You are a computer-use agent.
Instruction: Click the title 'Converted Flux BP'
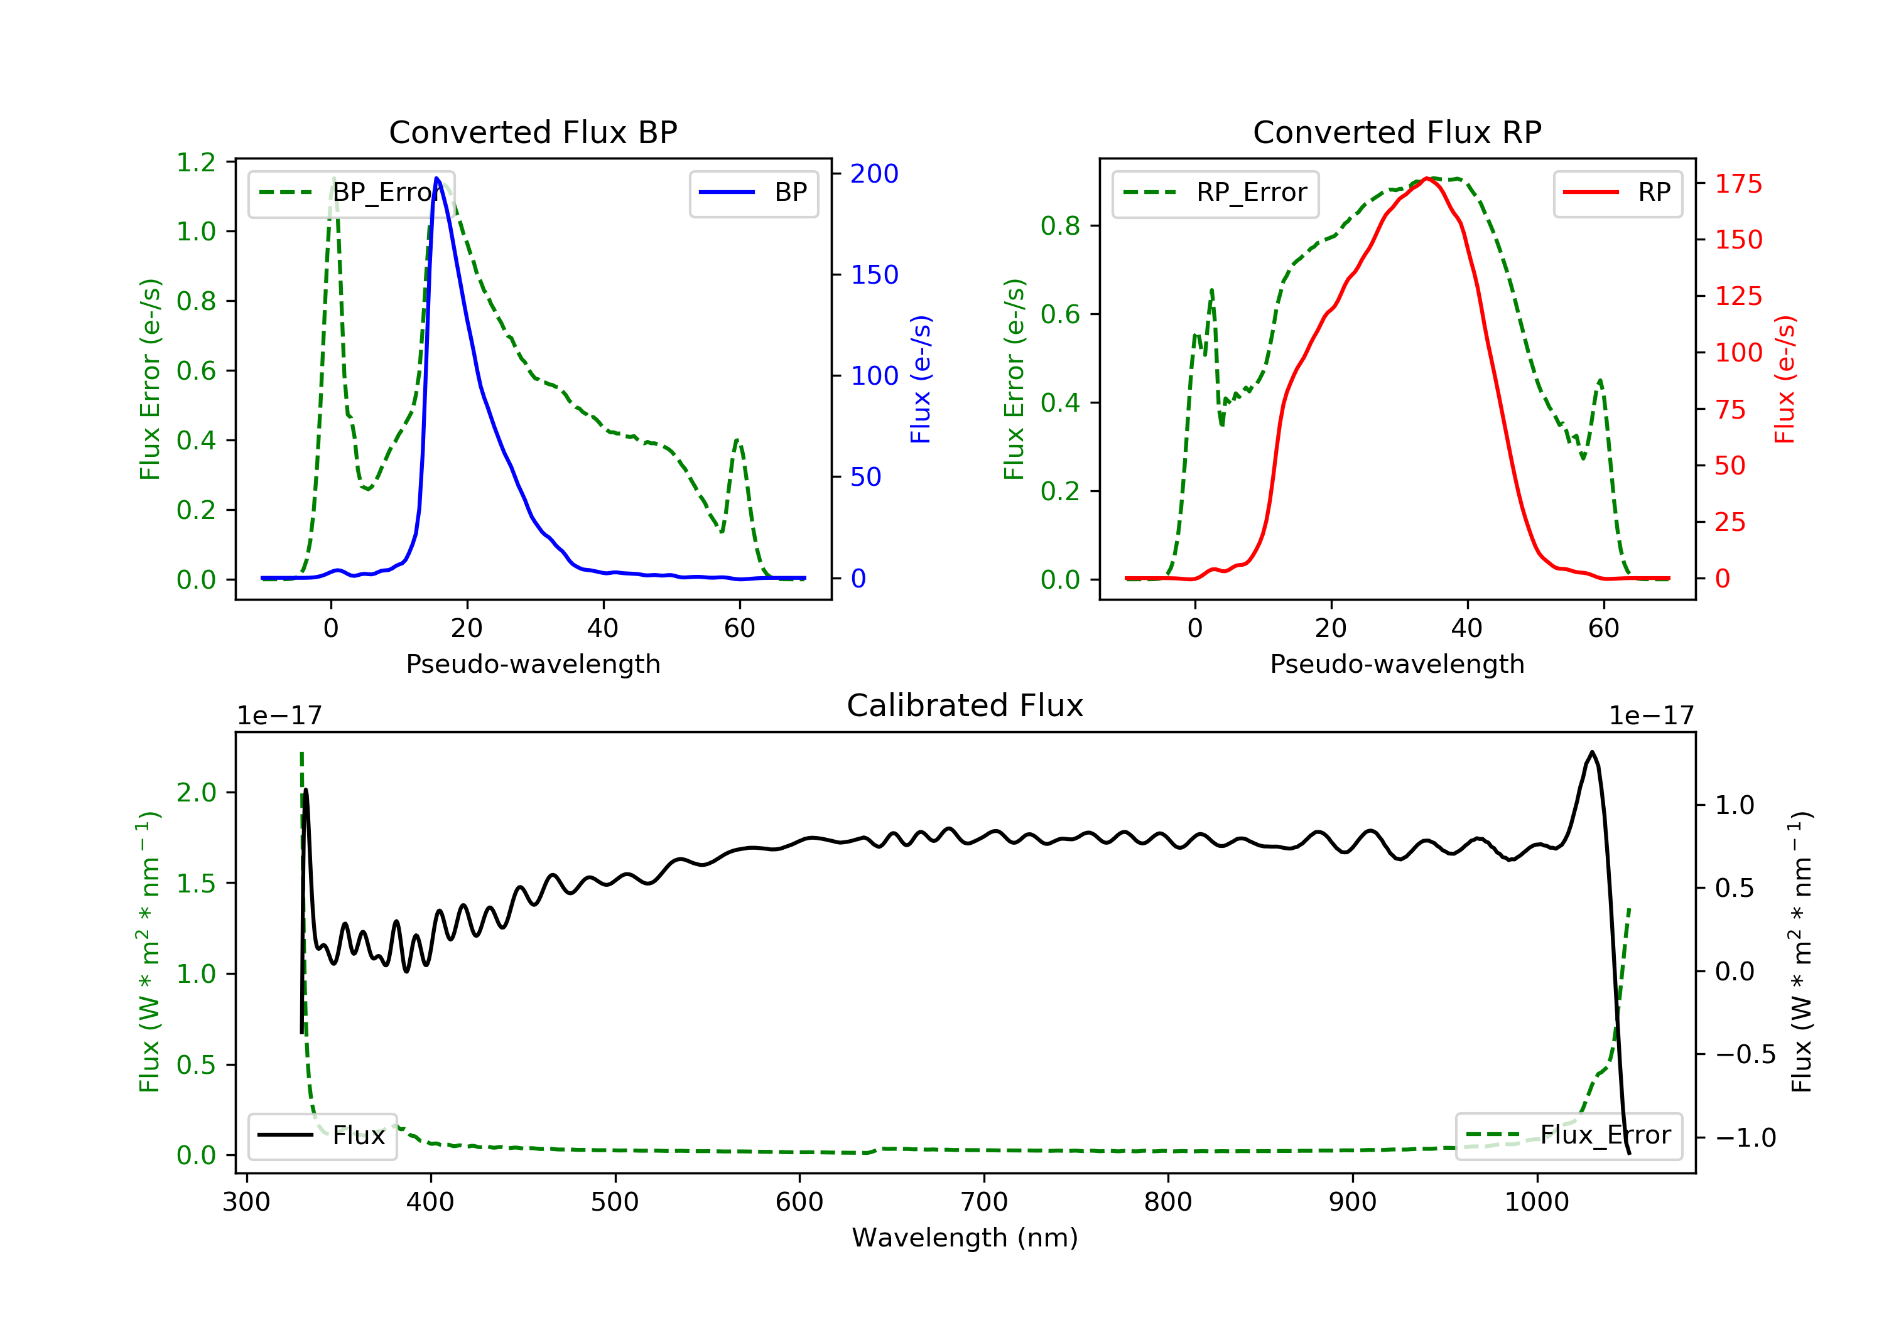pos(533,132)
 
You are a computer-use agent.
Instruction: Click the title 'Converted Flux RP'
pos(1397,132)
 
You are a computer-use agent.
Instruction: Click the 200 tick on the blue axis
pos(874,174)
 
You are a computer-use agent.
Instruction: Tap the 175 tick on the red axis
pos(1738,184)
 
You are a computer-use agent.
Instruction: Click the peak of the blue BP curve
pos(436,178)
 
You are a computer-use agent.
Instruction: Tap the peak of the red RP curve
pos(1428,178)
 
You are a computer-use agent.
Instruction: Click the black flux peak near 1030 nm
pos(1592,752)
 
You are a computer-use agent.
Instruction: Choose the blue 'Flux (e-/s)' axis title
pos(921,379)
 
